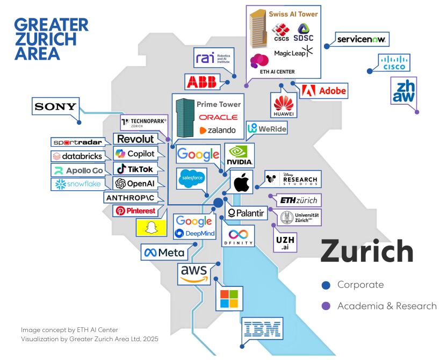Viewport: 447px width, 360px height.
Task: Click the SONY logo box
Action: point(55,106)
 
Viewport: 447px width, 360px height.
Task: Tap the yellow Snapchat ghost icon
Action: point(151,227)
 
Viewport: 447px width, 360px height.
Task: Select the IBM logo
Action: point(263,329)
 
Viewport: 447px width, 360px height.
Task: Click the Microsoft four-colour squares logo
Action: point(229,299)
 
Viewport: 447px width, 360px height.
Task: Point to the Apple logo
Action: point(241,182)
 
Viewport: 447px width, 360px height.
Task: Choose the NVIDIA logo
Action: point(240,155)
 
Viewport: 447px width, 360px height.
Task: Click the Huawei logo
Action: point(284,105)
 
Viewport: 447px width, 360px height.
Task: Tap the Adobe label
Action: point(324,91)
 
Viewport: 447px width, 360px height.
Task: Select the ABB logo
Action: point(202,82)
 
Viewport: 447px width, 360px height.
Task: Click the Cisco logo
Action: point(394,62)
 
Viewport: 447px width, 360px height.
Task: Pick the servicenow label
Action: point(361,39)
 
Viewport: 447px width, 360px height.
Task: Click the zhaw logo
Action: point(403,91)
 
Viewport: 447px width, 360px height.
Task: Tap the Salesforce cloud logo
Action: point(192,178)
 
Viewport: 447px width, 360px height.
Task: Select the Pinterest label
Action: point(136,211)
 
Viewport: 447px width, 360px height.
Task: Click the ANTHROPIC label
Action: point(130,198)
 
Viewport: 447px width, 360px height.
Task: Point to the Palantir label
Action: point(246,213)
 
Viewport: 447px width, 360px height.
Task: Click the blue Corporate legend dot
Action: point(326,285)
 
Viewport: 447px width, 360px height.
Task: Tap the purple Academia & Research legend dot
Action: point(326,306)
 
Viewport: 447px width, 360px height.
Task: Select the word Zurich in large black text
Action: point(367,251)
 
